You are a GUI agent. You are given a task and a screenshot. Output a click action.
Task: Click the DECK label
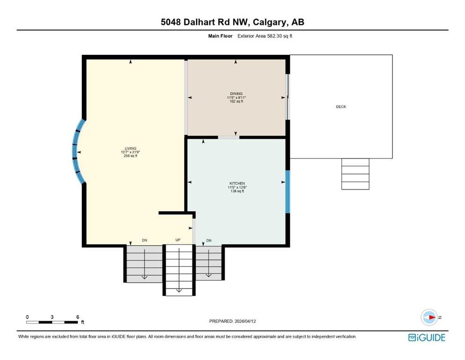pyautogui.click(x=341, y=106)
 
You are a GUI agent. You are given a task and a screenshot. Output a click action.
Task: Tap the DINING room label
pyautogui.click(x=236, y=94)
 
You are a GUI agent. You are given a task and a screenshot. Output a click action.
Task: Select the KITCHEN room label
pyautogui.click(x=237, y=183)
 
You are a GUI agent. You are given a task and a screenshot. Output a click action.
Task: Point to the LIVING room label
pyautogui.click(x=131, y=149)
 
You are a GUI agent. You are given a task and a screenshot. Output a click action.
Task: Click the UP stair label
pyautogui.click(x=178, y=240)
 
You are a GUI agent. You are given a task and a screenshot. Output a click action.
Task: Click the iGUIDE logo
pyautogui.click(x=427, y=338)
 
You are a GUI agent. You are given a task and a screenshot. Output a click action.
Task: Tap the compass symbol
pyautogui.click(x=429, y=317)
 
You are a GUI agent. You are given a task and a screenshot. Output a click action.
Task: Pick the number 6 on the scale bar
pyautogui.click(x=78, y=317)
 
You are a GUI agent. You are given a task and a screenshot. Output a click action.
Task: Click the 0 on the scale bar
pyautogui.click(x=27, y=317)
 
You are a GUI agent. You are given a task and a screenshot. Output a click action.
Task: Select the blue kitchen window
pyautogui.click(x=288, y=192)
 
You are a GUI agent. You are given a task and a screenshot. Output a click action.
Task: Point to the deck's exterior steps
pyautogui.click(x=355, y=174)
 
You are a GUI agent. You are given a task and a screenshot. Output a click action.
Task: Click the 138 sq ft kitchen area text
pyautogui.click(x=237, y=191)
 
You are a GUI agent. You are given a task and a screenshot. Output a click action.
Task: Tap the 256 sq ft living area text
pyautogui.click(x=131, y=156)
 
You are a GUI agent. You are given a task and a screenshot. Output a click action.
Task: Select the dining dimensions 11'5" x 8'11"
pyautogui.click(x=236, y=97)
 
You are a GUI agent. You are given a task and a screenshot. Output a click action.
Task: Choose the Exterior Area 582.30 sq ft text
pyautogui.click(x=265, y=36)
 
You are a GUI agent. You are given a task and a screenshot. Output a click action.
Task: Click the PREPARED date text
pyautogui.click(x=232, y=321)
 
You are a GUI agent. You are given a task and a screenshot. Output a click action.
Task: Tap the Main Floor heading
pyautogui.click(x=220, y=36)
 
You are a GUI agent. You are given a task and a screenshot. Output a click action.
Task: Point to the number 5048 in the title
pyautogui.click(x=171, y=22)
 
